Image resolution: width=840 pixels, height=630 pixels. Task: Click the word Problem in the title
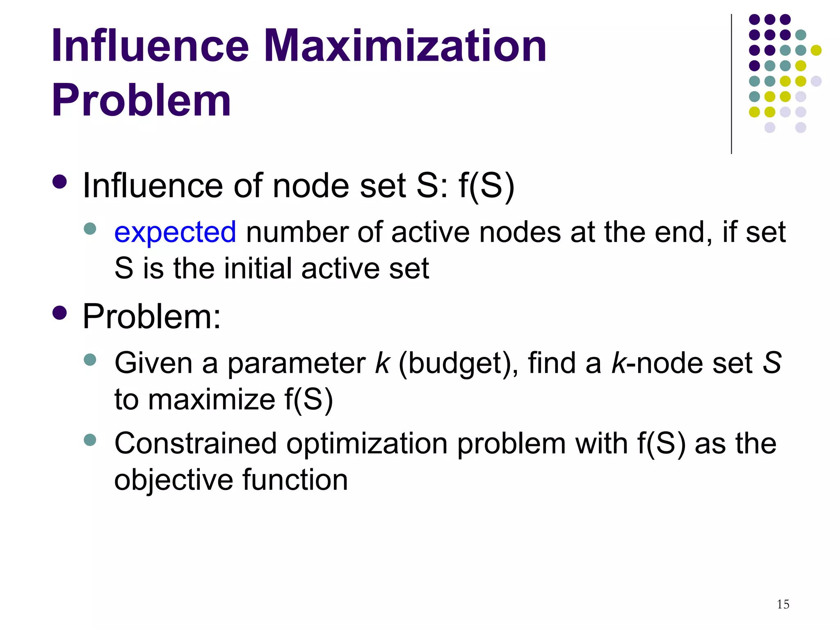click(142, 100)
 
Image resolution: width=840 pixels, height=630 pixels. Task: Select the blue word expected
click(175, 232)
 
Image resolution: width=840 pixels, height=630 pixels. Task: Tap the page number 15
click(783, 604)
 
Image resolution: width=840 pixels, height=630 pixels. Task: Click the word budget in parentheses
click(452, 364)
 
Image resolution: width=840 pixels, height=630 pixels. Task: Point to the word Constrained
click(196, 444)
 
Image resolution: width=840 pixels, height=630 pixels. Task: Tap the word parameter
click(297, 363)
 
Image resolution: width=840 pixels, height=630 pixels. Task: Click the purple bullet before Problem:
click(60, 313)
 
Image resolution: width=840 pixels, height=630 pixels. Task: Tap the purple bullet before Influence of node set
click(60, 182)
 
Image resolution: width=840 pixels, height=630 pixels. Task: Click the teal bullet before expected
click(90, 228)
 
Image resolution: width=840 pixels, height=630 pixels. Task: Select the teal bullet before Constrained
click(90, 440)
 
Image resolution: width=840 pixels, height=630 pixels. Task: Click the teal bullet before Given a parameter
click(90, 360)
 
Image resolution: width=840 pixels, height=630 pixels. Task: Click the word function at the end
click(295, 480)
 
